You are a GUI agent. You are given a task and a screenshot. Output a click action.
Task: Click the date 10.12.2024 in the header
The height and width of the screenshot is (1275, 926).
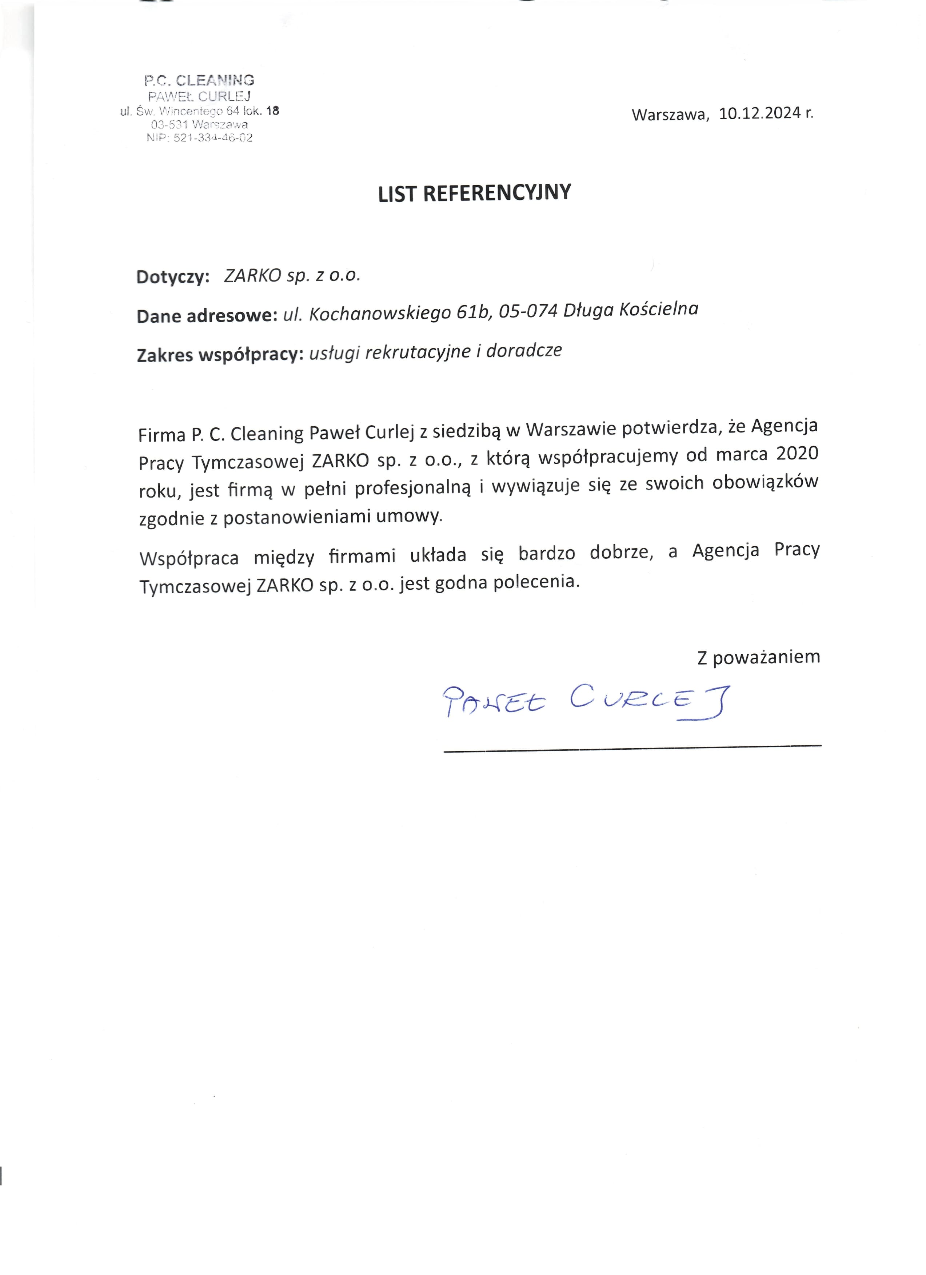pos(759,113)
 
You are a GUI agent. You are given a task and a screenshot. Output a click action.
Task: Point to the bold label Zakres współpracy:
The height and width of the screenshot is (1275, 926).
pos(220,355)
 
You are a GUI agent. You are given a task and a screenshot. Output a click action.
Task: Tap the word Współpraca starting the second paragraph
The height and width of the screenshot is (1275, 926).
pos(189,558)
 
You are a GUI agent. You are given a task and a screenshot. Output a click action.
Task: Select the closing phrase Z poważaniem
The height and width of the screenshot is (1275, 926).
pos(758,657)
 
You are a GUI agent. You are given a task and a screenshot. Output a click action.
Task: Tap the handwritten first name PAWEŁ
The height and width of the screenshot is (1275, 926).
pos(494,702)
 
